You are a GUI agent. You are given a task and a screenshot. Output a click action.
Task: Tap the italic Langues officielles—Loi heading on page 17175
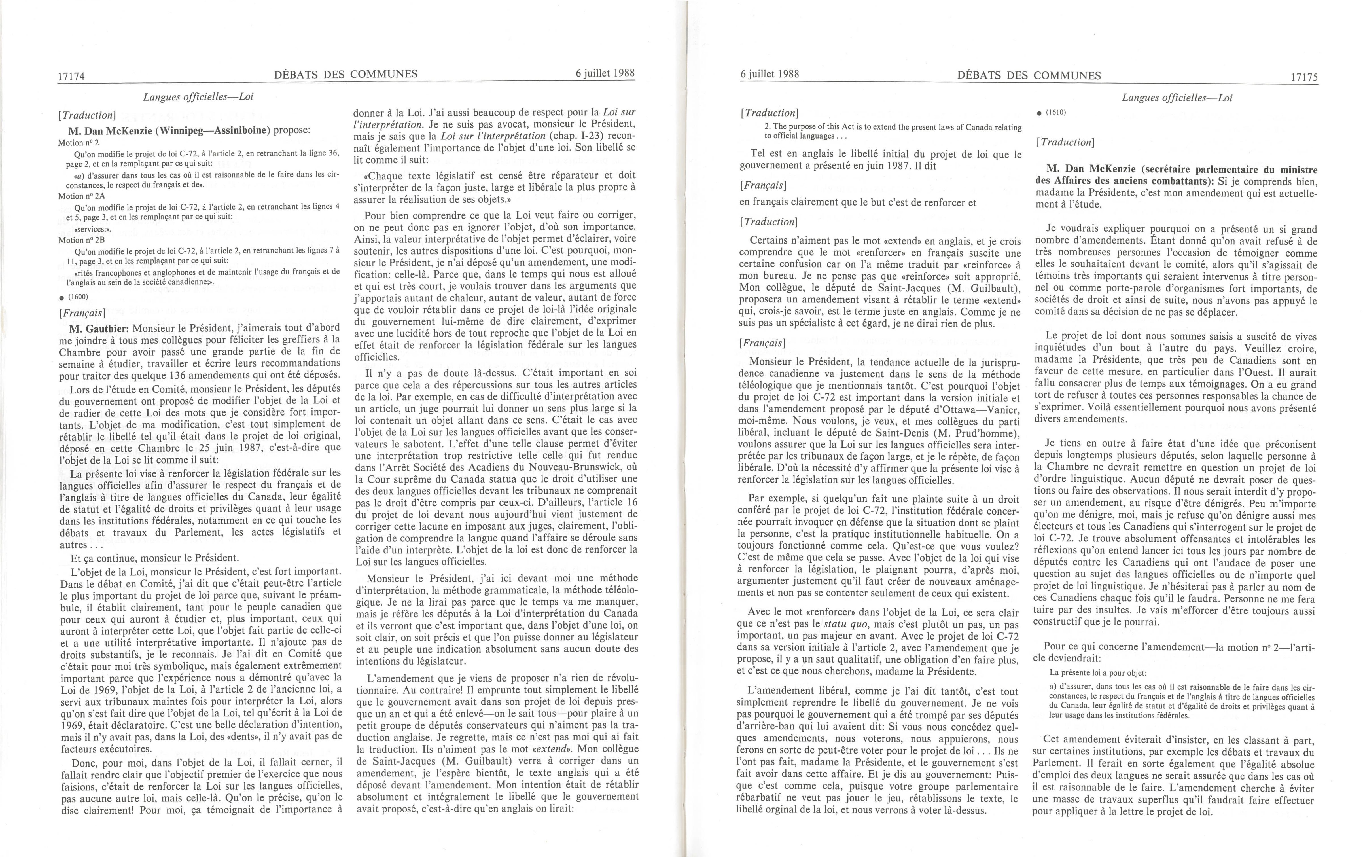1177,97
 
